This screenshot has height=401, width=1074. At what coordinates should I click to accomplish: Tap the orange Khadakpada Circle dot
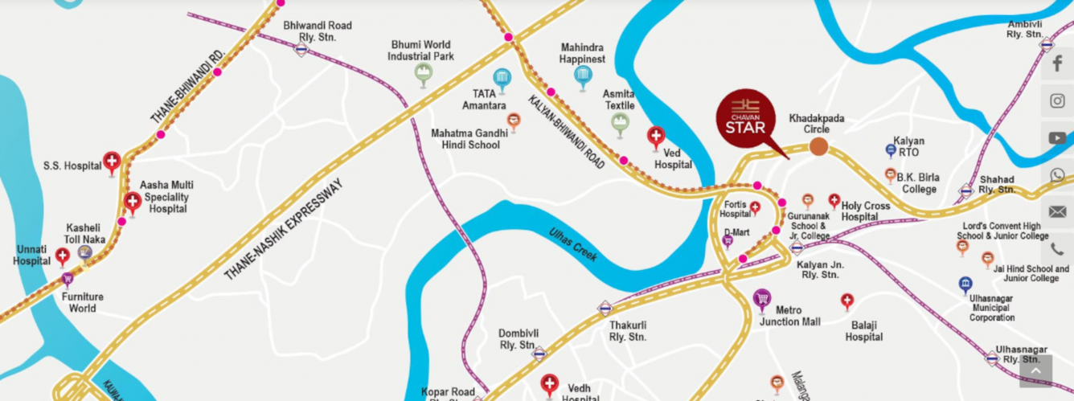[x=818, y=146]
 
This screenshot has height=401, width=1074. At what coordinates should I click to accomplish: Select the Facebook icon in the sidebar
[x=1057, y=64]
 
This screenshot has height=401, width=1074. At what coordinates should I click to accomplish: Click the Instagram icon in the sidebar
[x=1057, y=101]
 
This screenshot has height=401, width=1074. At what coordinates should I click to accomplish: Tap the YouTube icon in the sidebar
[x=1057, y=138]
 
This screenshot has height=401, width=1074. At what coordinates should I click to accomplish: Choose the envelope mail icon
[x=1057, y=212]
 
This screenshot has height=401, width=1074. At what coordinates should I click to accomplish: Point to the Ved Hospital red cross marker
[x=656, y=137]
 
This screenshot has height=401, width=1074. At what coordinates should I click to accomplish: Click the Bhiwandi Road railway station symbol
[x=301, y=50]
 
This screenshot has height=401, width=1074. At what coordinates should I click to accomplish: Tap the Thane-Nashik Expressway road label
[x=283, y=230]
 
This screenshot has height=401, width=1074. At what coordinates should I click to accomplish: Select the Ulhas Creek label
[x=572, y=243]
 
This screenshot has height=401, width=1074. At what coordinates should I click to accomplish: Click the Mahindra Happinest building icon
[x=584, y=76]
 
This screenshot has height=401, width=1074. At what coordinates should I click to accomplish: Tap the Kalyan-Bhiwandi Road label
[x=566, y=132]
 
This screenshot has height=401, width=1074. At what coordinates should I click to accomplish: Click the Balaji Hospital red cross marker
[x=847, y=301]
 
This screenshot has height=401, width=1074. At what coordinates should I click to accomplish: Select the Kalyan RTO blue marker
[x=891, y=150]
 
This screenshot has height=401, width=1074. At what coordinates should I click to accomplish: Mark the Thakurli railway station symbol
[x=605, y=308]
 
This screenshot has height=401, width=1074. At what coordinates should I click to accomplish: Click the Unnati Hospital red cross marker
[x=63, y=256]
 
